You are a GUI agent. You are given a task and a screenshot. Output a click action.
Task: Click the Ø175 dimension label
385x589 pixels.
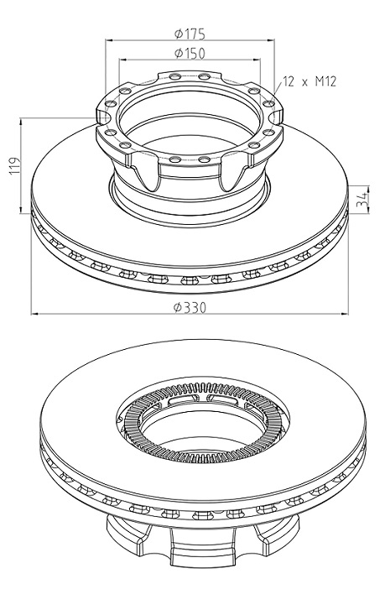[x=190, y=34]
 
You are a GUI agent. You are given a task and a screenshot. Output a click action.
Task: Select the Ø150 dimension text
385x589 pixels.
[x=190, y=54]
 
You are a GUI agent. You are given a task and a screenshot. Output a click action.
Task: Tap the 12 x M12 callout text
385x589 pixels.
[x=310, y=81]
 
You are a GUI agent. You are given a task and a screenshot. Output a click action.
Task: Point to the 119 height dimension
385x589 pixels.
[x=14, y=165]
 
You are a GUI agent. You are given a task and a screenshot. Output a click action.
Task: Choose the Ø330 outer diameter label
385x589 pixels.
[x=190, y=308]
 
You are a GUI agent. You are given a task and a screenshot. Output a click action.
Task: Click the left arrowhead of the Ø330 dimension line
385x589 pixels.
[x=35, y=313]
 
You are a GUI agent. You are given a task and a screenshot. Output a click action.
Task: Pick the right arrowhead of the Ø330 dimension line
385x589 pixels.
[x=344, y=313]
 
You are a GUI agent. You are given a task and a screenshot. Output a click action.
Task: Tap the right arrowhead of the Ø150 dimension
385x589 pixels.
[x=256, y=60]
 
